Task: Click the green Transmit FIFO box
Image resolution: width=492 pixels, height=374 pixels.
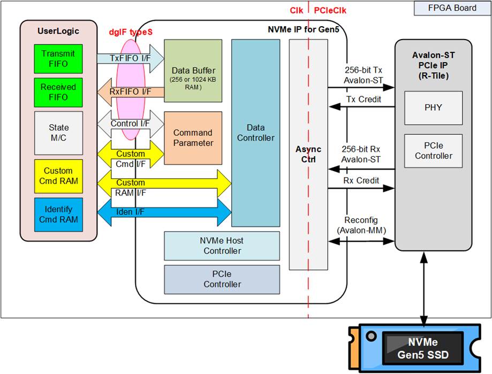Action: [x=58, y=59]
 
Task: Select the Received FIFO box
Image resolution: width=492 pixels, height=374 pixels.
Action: [x=58, y=92]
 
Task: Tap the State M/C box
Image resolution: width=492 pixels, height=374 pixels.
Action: [x=58, y=133]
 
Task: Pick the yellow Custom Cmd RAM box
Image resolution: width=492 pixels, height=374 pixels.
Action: [x=58, y=176]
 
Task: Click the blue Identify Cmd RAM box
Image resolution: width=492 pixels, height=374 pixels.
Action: [x=58, y=214]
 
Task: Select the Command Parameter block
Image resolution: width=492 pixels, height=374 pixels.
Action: [x=193, y=138]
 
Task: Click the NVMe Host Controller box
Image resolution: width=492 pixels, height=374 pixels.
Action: [x=222, y=246]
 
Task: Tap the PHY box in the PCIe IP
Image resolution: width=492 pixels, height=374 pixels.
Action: [x=433, y=107]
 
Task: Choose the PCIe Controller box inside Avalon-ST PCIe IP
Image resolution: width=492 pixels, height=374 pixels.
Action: [x=433, y=151]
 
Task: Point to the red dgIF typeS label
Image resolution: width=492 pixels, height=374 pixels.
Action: [x=131, y=32]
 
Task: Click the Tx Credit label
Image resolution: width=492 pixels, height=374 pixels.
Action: [x=364, y=100]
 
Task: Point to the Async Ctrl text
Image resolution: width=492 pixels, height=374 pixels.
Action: [x=308, y=155]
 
